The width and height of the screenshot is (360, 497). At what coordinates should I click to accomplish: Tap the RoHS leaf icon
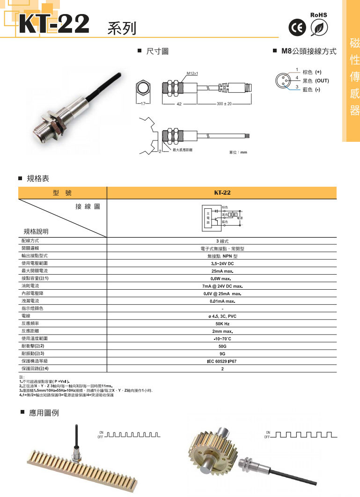tap(319, 27)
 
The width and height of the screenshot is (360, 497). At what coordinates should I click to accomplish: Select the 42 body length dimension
tap(179, 103)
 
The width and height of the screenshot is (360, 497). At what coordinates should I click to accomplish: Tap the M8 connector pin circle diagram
tap(283, 79)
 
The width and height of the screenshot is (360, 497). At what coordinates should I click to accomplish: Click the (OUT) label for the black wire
tap(322, 81)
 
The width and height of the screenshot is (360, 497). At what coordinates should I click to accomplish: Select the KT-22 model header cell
tap(222, 192)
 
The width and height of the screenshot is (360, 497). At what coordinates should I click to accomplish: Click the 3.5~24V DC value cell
tap(222, 263)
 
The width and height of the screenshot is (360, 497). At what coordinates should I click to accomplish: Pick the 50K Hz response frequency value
tap(222, 324)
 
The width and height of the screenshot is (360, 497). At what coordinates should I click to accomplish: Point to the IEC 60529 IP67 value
tap(222, 361)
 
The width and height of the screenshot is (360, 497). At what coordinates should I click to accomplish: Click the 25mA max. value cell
tap(222, 271)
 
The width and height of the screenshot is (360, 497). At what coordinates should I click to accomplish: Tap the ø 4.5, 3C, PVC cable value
tap(222, 316)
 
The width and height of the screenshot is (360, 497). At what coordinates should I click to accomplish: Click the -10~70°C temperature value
tap(222, 339)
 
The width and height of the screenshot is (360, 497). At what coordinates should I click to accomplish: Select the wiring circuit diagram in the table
tap(222, 218)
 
